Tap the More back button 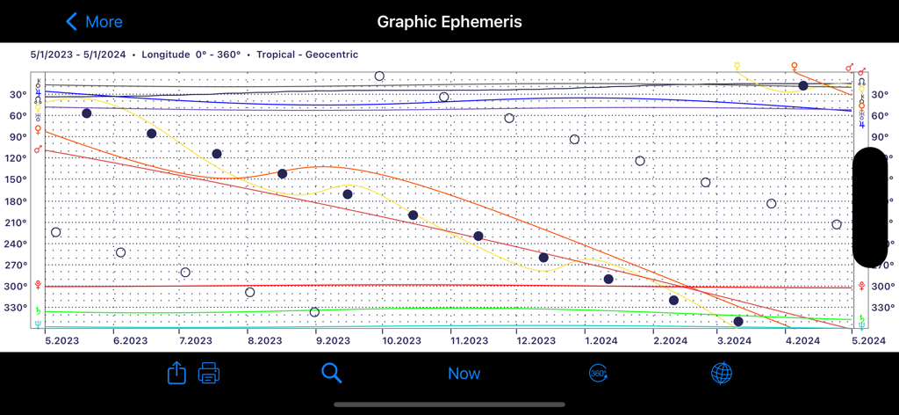(x=94, y=22)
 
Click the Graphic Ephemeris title (x=449, y=22)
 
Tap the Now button (x=464, y=374)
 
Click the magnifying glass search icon (x=331, y=373)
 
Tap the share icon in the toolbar (x=176, y=373)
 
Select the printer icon (x=209, y=373)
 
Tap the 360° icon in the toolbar (x=598, y=373)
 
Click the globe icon (x=721, y=373)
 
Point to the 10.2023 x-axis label (x=399, y=340)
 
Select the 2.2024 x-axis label (x=667, y=340)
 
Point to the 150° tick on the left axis (x=17, y=179)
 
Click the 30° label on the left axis (x=17, y=94)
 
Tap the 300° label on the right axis (x=882, y=287)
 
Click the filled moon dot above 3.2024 (x=738, y=322)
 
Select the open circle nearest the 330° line (x=314, y=312)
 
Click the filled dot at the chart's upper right (x=803, y=85)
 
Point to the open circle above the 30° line (x=379, y=76)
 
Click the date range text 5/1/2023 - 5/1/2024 (x=77, y=55)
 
